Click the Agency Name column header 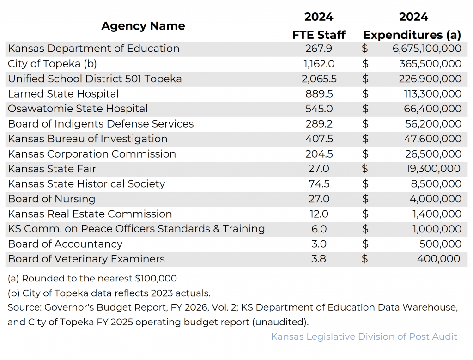coord(143,26)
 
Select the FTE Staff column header coord(319,35)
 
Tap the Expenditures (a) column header coord(412,35)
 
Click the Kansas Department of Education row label coord(94,49)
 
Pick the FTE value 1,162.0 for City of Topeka coord(319,64)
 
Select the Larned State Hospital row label coord(63,94)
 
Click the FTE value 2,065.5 coord(319,79)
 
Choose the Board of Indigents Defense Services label coord(101,124)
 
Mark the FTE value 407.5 coord(319,139)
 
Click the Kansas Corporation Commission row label coord(92,154)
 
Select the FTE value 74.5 coord(319,184)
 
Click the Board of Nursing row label coord(52,199)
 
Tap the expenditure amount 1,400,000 coord(436,214)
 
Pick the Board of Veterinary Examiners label coord(86,259)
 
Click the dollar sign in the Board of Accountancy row coord(365,244)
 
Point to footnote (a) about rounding coord(92,278)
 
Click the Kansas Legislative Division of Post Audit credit coord(364,336)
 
